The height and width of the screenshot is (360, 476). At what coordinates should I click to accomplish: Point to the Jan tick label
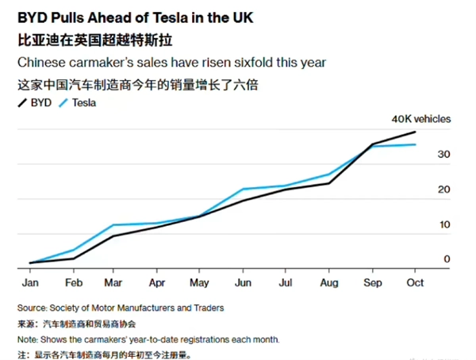click(31, 281)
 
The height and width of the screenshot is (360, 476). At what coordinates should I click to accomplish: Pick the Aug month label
click(329, 281)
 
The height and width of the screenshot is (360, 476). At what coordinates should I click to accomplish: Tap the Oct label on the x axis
click(414, 281)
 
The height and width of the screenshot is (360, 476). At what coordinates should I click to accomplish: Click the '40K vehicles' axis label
click(420, 119)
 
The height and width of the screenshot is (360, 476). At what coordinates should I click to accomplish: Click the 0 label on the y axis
click(447, 259)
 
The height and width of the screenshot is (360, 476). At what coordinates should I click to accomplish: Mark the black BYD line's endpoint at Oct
click(415, 132)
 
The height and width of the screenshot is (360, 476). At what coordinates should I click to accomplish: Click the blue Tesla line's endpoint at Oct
click(415, 144)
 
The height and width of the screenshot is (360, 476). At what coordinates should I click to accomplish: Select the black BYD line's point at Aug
click(329, 183)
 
